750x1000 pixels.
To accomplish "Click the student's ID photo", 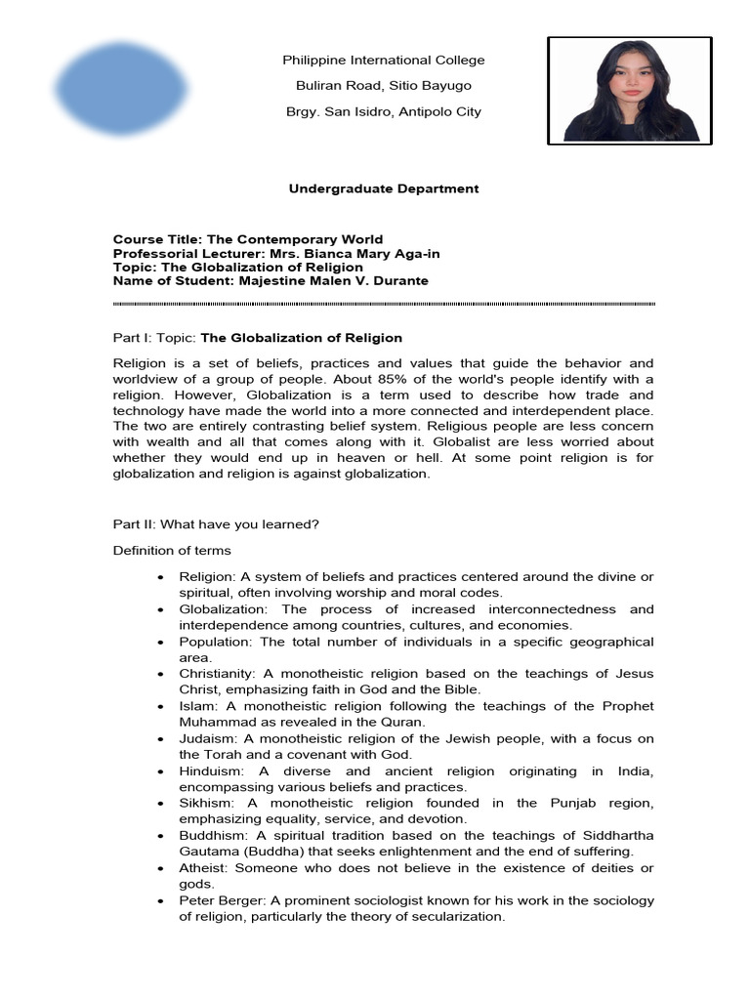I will tap(630, 90).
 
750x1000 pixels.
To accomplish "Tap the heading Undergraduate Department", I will tap(384, 188).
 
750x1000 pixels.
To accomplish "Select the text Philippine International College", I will tap(384, 61).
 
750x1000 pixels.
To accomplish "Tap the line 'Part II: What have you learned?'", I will tap(216, 524).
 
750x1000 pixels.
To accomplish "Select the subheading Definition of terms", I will tap(172, 551).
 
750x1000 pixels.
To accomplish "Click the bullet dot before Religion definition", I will tap(159, 578).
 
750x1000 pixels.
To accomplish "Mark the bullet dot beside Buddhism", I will tap(159, 836).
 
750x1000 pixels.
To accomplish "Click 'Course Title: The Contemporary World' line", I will tap(248, 240).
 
